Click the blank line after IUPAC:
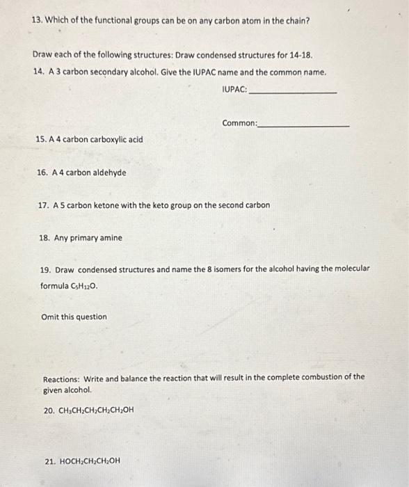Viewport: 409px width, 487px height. (292, 92)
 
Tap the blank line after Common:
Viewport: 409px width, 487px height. (303, 125)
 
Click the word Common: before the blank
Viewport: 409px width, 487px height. (239, 123)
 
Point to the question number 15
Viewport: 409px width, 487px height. (40, 140)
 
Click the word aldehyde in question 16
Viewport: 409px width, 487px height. (108, 173)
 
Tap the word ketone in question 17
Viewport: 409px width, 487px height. (107, 206)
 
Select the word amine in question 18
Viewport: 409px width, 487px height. (111, 238)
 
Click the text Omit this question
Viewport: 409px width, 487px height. (74, 317)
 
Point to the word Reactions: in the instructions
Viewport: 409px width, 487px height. (61, 378)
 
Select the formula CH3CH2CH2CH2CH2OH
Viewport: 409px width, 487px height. (88, 410)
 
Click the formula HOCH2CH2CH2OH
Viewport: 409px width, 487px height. (86, 461)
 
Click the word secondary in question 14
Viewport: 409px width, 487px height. (102, 72)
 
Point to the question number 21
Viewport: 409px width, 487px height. (49, 461)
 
